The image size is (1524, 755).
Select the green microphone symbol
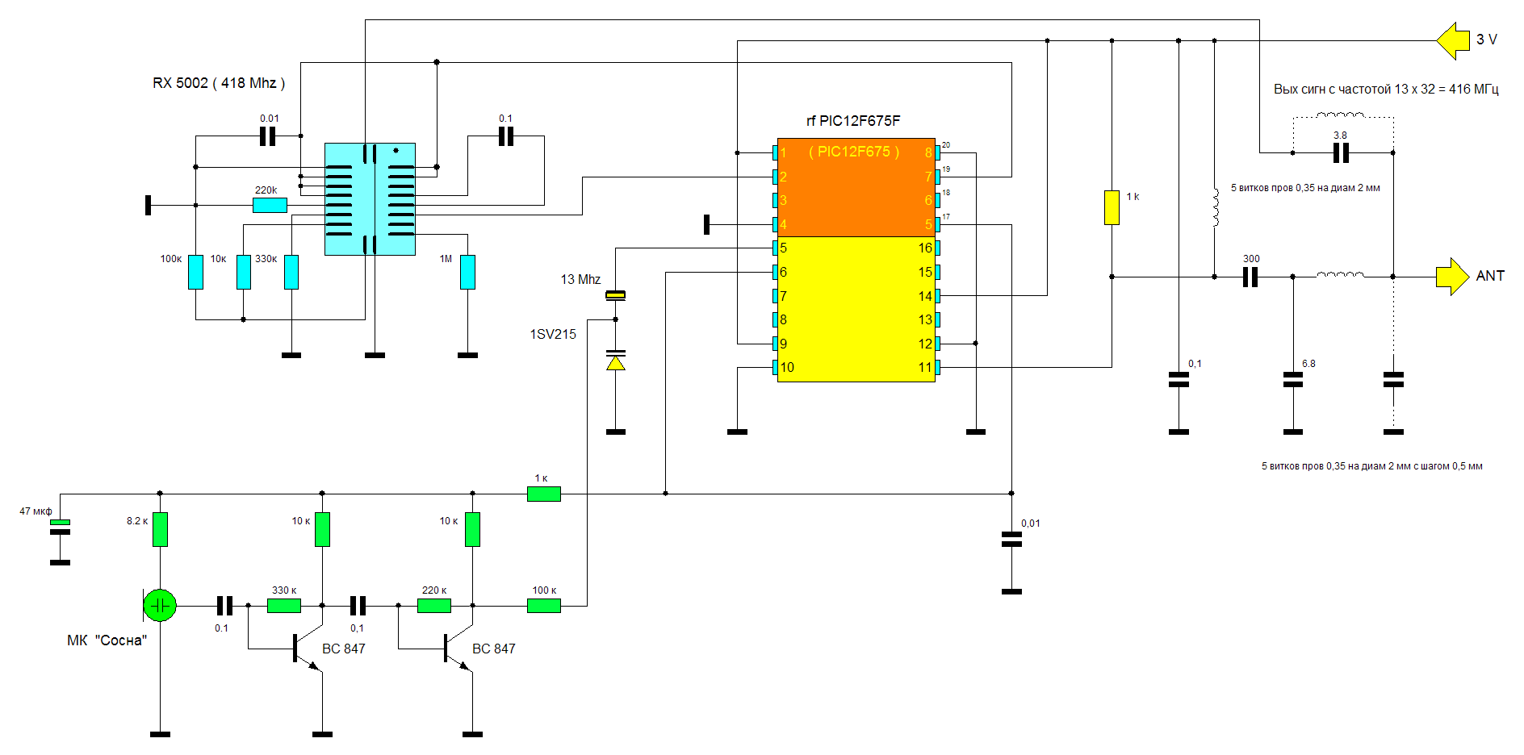160,605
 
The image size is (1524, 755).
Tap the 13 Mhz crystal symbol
615,295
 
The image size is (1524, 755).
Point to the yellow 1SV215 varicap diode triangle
615,363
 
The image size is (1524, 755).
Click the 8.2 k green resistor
160,529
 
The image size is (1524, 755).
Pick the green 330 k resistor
284,605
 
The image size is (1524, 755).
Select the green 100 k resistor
544,605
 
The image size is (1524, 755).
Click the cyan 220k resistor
270,205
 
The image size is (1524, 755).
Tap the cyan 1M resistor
467,272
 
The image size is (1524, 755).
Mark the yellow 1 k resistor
1112,207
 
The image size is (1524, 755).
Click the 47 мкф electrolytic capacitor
60,527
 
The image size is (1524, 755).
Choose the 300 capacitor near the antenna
1250,277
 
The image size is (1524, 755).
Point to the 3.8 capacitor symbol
1341,152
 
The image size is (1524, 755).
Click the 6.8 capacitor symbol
1293,379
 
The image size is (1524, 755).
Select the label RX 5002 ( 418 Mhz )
218,83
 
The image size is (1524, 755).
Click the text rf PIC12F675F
852,121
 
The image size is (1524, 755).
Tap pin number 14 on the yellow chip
925,296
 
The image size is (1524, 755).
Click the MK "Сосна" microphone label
107,640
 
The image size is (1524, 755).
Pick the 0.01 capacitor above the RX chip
268,136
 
